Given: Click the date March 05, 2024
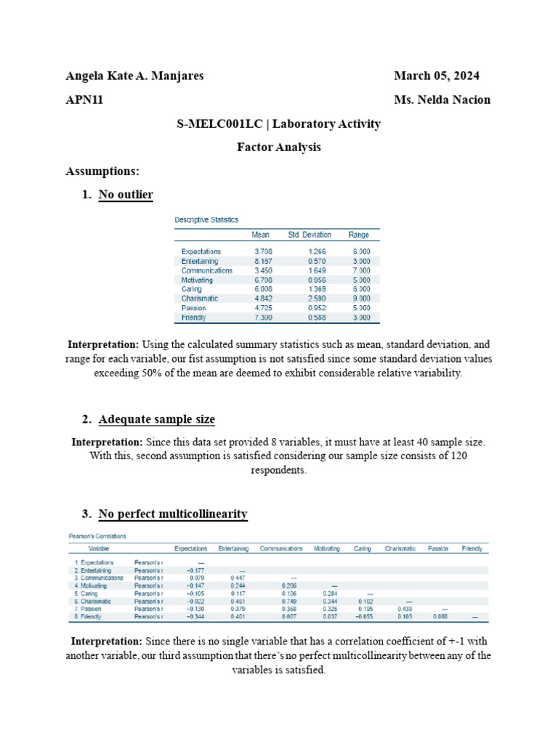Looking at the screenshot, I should (x=436, y=76).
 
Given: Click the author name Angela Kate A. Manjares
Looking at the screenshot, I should (x=134, y=76).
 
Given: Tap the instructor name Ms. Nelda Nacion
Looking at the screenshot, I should (x=442, y=100).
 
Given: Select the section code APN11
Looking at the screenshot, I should (x=84, y=100).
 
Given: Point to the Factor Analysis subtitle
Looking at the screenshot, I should (x=279, y=147).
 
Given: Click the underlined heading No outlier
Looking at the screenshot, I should (x=125, y=194).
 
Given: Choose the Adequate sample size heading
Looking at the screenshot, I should (x=156, y=419).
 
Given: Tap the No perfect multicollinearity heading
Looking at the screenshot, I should (x=172, y=514).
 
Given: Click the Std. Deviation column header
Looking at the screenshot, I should (x=310, y=235).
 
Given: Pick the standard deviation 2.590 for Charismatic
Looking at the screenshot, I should (x=316, y=299).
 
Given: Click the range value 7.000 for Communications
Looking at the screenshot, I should (x=360, y=270).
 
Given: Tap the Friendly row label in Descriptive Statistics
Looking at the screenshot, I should (x=194, y=318).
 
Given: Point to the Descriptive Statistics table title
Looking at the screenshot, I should (x=206, y=219).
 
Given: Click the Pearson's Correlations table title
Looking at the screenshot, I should (x=98, y=536).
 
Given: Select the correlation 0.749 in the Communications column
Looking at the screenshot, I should (x=289, y=602).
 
